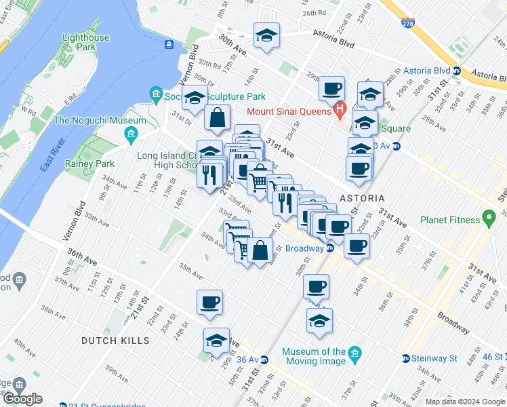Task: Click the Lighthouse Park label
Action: (x=85, y=42)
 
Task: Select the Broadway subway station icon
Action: (x=330, y=248)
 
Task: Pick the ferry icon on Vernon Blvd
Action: (x=167, y=45)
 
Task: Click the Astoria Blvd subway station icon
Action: (x=457, y=71)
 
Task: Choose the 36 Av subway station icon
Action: (x=266, y=359)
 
